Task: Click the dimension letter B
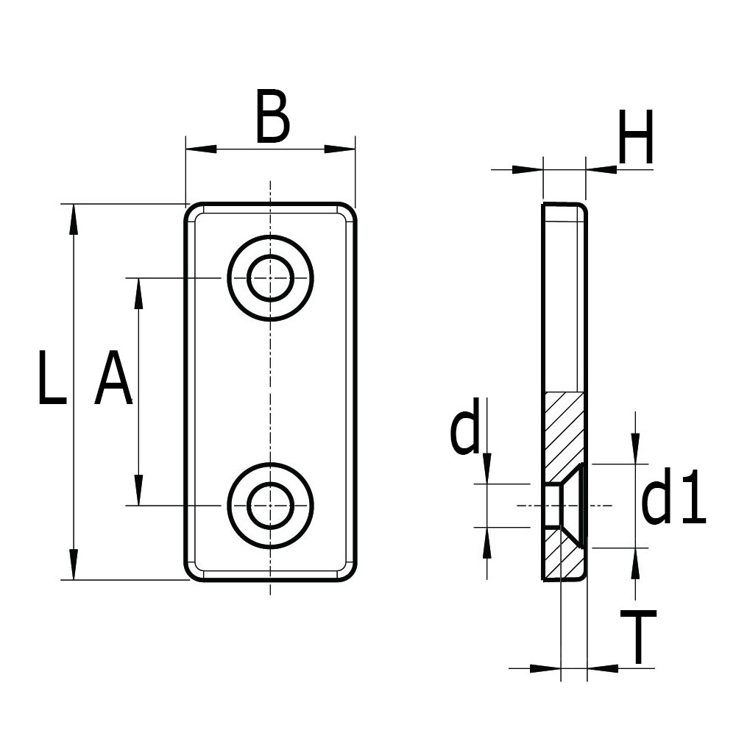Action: pyautogui.click(x=272, y=116)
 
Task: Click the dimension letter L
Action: pyautogui.click(x=52, y=378)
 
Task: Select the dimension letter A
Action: pyautogui.click(x=113, y=378)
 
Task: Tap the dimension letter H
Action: pyautogui.click(x=636, y=138)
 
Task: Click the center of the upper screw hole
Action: pyautogui.click(x=271, y=278)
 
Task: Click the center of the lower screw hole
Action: pyautogui.click(x=271, y=505)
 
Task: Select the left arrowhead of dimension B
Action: pyautogui.click(x=202, y=149)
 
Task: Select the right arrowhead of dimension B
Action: pyautogui.click(x=339, y=149)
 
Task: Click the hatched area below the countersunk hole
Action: pyautogui.click(x=565, y=559)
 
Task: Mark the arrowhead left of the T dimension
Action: pyautogui.click(x=545, y=668)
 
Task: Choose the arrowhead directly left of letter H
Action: pyautogui.click(x=601, y=169)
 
